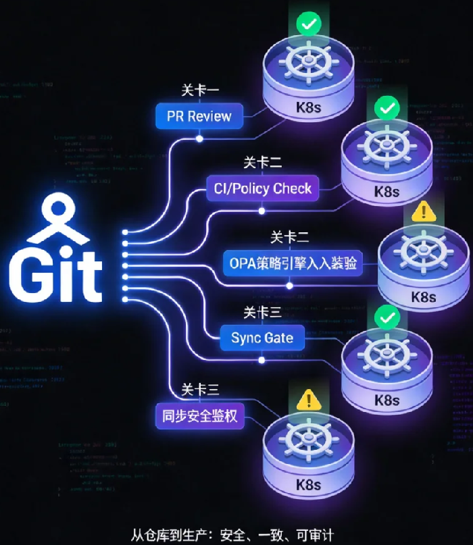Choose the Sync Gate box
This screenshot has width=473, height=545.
(262, 338)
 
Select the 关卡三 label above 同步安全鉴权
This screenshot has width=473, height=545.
(200, 390)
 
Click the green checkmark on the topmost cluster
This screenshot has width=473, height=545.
(309, 26)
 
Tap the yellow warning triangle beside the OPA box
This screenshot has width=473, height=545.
(424, 211)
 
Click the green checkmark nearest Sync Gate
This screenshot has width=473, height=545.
(387, 316)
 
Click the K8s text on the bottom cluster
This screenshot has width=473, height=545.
(309, 484)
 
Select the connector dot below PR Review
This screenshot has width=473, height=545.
(199, 138)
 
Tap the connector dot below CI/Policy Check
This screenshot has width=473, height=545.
(262, 211)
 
